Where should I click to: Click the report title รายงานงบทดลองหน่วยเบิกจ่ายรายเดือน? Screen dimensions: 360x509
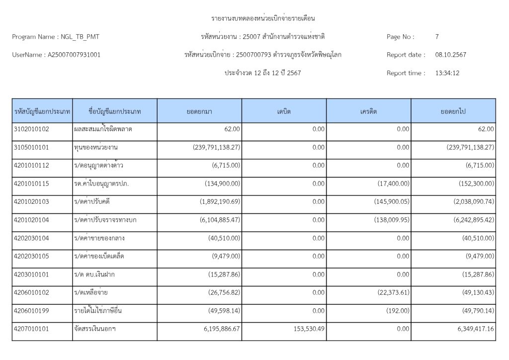point(263,18)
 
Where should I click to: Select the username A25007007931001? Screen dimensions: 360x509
point(74,55)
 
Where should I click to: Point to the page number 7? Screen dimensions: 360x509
point(437,37)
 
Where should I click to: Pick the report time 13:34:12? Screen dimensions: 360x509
point(447,73)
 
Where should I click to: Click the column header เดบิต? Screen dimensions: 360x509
point(284,111)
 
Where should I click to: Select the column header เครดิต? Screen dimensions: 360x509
point(368,111)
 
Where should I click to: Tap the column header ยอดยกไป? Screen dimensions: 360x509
point(453,111)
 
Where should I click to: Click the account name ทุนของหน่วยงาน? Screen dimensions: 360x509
point(99,147)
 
